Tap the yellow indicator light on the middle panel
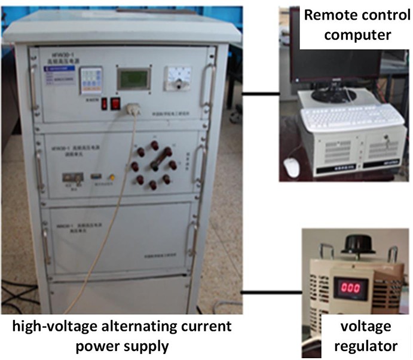(111, 177)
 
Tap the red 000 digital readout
(350, 287)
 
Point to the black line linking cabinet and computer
(261, 94)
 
